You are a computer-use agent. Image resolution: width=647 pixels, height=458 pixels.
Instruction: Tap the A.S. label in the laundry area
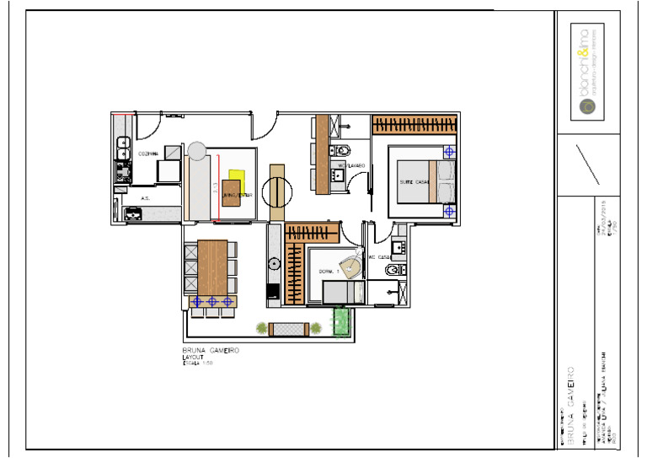146,199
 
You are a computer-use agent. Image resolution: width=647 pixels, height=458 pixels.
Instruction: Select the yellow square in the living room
235,181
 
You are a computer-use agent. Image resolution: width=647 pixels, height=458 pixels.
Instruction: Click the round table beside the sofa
276,191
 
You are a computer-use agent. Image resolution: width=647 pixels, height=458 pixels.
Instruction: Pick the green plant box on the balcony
341,321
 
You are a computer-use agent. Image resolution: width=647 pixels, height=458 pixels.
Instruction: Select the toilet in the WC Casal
393,271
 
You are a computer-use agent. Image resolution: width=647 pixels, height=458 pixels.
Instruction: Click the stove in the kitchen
124,171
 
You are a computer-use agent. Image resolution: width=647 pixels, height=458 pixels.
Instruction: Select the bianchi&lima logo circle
586,106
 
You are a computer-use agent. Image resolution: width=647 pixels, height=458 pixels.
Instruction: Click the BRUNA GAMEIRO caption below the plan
211,350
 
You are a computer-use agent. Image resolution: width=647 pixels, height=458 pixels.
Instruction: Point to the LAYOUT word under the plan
194,358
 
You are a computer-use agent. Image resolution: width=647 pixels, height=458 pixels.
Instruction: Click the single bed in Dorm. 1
342,293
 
